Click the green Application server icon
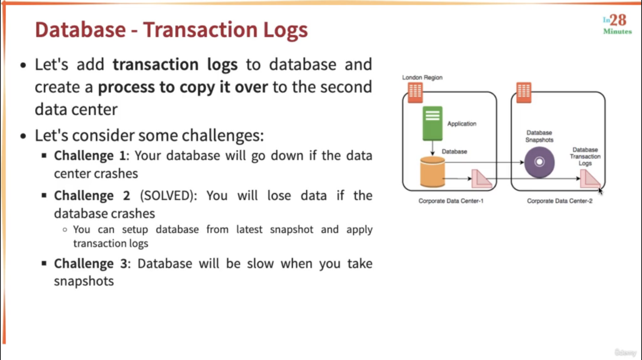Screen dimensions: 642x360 [x=433, y=124]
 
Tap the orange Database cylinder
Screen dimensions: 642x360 [x=432, y=172]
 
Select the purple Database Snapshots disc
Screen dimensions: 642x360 [x=539, y=162]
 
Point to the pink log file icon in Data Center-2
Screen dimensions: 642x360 [x=590, y=179]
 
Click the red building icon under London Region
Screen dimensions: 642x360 [x=415, y=93]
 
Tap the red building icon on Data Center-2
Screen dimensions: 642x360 [x=524, y=93]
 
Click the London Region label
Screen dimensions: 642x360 [x=422, y=77]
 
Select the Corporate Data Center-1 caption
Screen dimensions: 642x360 [x=451, y=201]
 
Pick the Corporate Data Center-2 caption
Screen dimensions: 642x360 [x=559, y=201]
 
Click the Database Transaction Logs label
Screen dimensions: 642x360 [x=585, y=156]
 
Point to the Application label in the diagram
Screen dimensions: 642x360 [x=462, y=124]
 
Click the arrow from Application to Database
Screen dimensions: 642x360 [x=433, y=148]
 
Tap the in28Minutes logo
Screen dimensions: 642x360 [x=618, y=24]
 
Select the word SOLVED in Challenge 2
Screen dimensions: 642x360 [x=167, y=195]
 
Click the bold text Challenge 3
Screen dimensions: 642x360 [x=90, y=264]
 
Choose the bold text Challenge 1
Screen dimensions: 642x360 [x=90, y=156]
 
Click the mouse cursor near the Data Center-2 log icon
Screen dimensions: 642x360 [x=600, y=191]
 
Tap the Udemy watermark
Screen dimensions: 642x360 [x=625, y=352]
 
